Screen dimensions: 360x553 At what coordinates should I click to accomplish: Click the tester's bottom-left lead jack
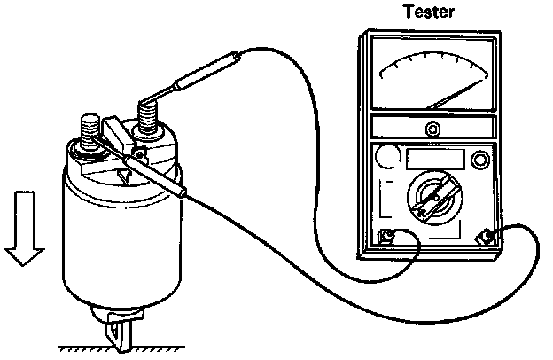(387, 237)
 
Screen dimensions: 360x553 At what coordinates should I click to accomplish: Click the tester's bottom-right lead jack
(487, 237)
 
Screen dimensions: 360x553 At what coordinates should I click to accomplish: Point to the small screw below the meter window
(432, 129)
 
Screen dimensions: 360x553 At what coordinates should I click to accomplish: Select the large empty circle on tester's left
(387, 159)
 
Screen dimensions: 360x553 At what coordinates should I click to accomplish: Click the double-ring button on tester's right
(480, 160)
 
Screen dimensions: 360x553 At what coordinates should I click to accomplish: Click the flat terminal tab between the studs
(116, 134)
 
